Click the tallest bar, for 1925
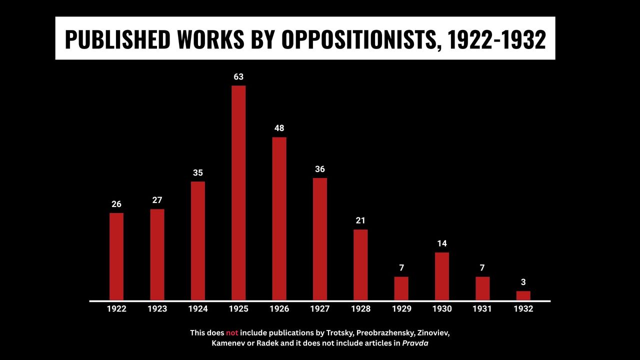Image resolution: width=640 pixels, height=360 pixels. click(x=238, y=192)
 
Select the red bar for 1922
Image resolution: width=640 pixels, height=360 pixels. click(x=116, y=256)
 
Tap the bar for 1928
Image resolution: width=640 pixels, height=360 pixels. click(x=360, y=264)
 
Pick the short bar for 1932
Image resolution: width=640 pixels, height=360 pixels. click(x=523, y=295)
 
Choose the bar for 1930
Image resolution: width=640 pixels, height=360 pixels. click(x=442, y=276)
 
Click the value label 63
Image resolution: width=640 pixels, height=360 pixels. click(x=238, y=77)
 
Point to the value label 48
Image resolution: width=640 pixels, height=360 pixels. click(x=279, y=128)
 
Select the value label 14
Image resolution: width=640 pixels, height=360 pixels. click(x=442, y=244)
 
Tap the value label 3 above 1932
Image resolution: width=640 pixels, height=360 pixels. click(x=523, y=282)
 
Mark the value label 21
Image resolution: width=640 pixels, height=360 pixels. click(x=360, y=220)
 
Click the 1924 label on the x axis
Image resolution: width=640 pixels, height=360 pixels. click(x=198, y=309)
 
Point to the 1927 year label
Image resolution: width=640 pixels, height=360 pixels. click(x=320, y=309)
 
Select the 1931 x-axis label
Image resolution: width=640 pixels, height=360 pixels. click(x=482, y=309)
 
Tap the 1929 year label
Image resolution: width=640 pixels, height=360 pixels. click(x=401, y=309)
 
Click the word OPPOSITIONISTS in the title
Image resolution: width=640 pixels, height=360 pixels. click(x=359, y=39)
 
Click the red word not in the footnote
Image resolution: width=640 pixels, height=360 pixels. click(x=232, y=332)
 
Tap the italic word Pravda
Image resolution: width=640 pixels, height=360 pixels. click(x=415, y=343)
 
